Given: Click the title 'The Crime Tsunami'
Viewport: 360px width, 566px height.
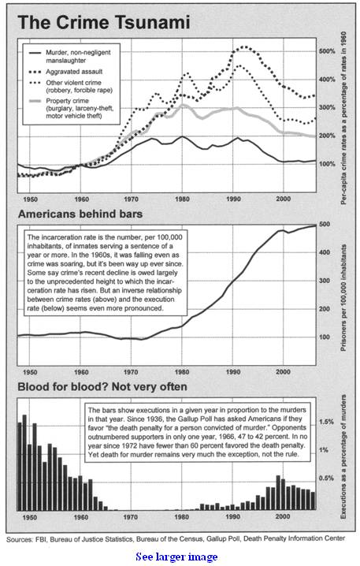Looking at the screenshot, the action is pyautogui.click(x=104, y=23).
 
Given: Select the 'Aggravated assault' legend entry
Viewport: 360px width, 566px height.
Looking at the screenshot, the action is pyautogui.click(x=65, y=72).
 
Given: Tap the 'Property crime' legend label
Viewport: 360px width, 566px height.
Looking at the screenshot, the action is pyautogui.click(x=68, y=101).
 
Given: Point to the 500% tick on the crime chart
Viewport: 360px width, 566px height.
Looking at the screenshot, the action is pyautogui.click(x=327, y=51).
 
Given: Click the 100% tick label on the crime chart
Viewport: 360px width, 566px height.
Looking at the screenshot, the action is pyautogui.click(x=327, y=164).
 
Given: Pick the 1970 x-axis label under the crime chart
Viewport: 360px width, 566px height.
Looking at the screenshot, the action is pyautogui.click(x=131, y=199).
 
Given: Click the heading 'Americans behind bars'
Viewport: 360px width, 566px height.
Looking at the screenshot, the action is pyautogui.click(x=80, y=214).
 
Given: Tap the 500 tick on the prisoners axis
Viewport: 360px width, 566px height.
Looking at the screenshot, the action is pyautogui.click(x=325, y=224).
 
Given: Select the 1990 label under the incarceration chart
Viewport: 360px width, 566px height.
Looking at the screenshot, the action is pyautogui.click(x=233, y=372).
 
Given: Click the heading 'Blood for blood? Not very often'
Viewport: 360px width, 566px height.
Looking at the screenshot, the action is pyautogui.click(x=102, y=387).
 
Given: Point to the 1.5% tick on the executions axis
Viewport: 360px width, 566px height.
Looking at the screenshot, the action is pyautogui.click(x=326, y=422).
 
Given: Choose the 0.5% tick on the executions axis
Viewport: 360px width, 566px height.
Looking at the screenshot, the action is pyautogui.click(x=326, y=478).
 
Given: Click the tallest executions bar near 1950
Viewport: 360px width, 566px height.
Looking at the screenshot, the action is pyautogui.click(x=24, y=463).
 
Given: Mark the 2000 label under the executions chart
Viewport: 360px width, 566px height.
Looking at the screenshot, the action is pyautogui.click(x=283, y=517).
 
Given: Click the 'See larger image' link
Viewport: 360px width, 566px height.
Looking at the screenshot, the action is pyautogui.click(x=176, y=557).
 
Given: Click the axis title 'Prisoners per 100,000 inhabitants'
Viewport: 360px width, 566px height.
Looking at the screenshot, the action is pyautogui.click(x=343, y=299).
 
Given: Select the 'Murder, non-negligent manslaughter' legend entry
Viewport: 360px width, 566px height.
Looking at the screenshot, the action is pyautogui.click(x=69, y=56).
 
